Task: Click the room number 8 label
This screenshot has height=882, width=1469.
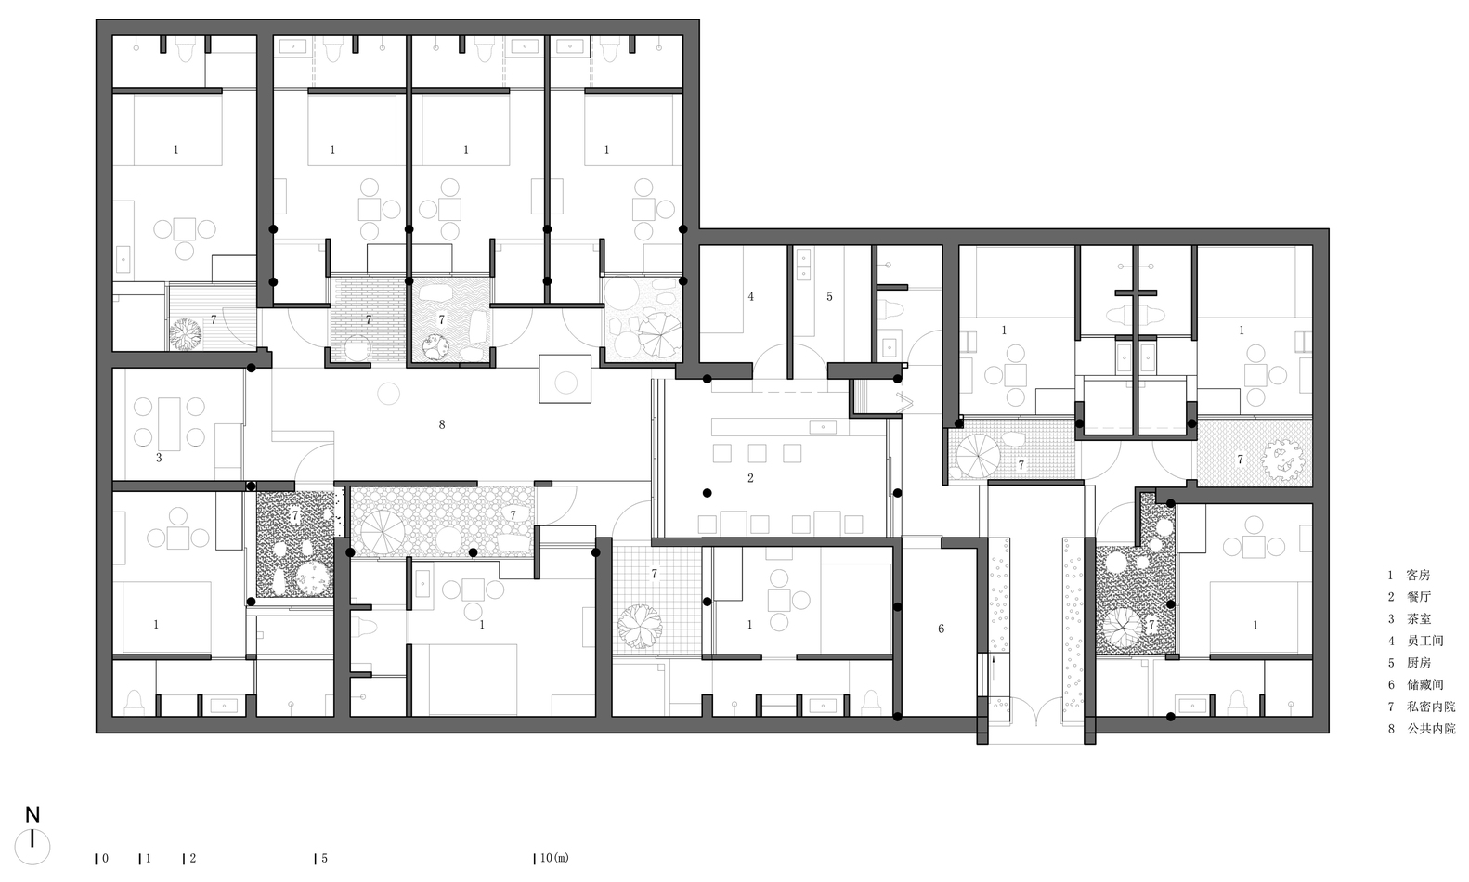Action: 442,424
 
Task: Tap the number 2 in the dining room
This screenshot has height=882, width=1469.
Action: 750,478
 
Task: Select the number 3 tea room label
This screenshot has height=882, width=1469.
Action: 159,458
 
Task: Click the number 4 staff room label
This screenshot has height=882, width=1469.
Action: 750,297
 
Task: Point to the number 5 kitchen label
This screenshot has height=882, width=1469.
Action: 829,297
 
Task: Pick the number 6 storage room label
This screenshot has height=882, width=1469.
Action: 941,629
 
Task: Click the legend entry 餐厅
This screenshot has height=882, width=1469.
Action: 1418,597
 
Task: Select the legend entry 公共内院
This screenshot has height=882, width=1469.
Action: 1431,729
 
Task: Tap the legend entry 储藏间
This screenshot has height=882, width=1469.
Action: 1424,685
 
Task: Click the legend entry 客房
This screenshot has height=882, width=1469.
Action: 1418,576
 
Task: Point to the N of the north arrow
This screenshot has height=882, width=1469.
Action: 32,815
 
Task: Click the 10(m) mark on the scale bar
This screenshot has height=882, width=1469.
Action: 554,859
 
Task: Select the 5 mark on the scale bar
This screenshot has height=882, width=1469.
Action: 324,859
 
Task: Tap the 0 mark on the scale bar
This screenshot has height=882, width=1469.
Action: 105,859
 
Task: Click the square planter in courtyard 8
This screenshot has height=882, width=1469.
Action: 565,378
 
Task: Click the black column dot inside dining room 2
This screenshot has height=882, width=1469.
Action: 707,493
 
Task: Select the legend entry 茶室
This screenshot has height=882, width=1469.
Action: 1418,619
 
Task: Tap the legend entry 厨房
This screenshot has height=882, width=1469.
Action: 1418,663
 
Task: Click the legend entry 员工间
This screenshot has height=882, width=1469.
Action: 1424,641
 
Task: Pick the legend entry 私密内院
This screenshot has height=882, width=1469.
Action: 1431,707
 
